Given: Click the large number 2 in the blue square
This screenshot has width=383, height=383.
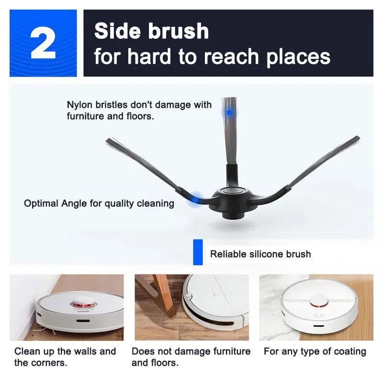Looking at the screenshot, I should pyautogui.click(x=43, y=43).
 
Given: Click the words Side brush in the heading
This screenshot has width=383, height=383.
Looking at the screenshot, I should pyautogui.click(x=151, y=32).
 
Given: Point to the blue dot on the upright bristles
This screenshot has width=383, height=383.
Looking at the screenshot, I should pyautogui.click(x=229, y=113).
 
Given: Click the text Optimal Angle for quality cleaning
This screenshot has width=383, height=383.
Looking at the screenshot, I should pyautogui.click(x=99, y=203).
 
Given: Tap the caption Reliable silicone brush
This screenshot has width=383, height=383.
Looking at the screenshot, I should pyautogui.click(x=260, y=254).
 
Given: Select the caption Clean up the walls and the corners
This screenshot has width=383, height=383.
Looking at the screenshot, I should pyautogui.click(x=65, y=357).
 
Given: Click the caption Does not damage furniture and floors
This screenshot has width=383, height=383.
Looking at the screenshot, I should pyautogui.click(x=191, y=357).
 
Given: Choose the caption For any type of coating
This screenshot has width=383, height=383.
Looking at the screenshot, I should pyautogui.click(x=315, y=351).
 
